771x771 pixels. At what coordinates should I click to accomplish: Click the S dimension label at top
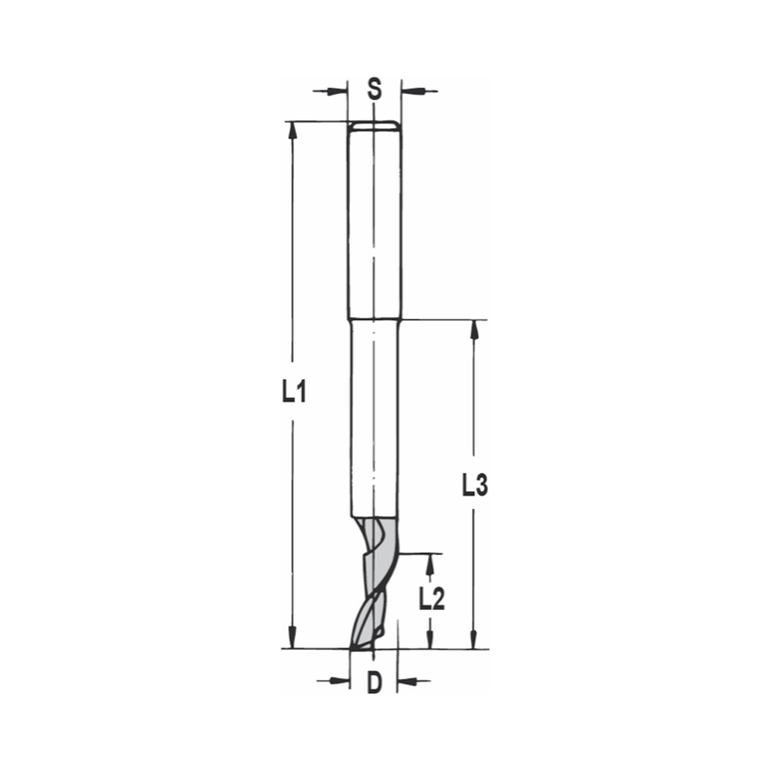[x=374, y=89]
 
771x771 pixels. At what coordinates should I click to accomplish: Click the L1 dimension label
[x=294, y=394]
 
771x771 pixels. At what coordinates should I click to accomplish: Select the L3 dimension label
[x=475, y=486]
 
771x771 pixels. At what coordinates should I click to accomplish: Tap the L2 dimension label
[x=432, y=598]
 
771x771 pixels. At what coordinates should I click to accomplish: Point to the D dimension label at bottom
[x=374, y=682]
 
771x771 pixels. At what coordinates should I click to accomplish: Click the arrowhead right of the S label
[x=412, y=91]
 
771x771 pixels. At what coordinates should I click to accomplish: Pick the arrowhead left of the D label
[x=338, y=681]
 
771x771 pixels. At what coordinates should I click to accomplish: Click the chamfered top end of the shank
[x=373, y=126]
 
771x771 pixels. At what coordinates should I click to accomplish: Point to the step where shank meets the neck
[x=373, y=319]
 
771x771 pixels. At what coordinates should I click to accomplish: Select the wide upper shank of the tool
[x=373, y=224]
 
